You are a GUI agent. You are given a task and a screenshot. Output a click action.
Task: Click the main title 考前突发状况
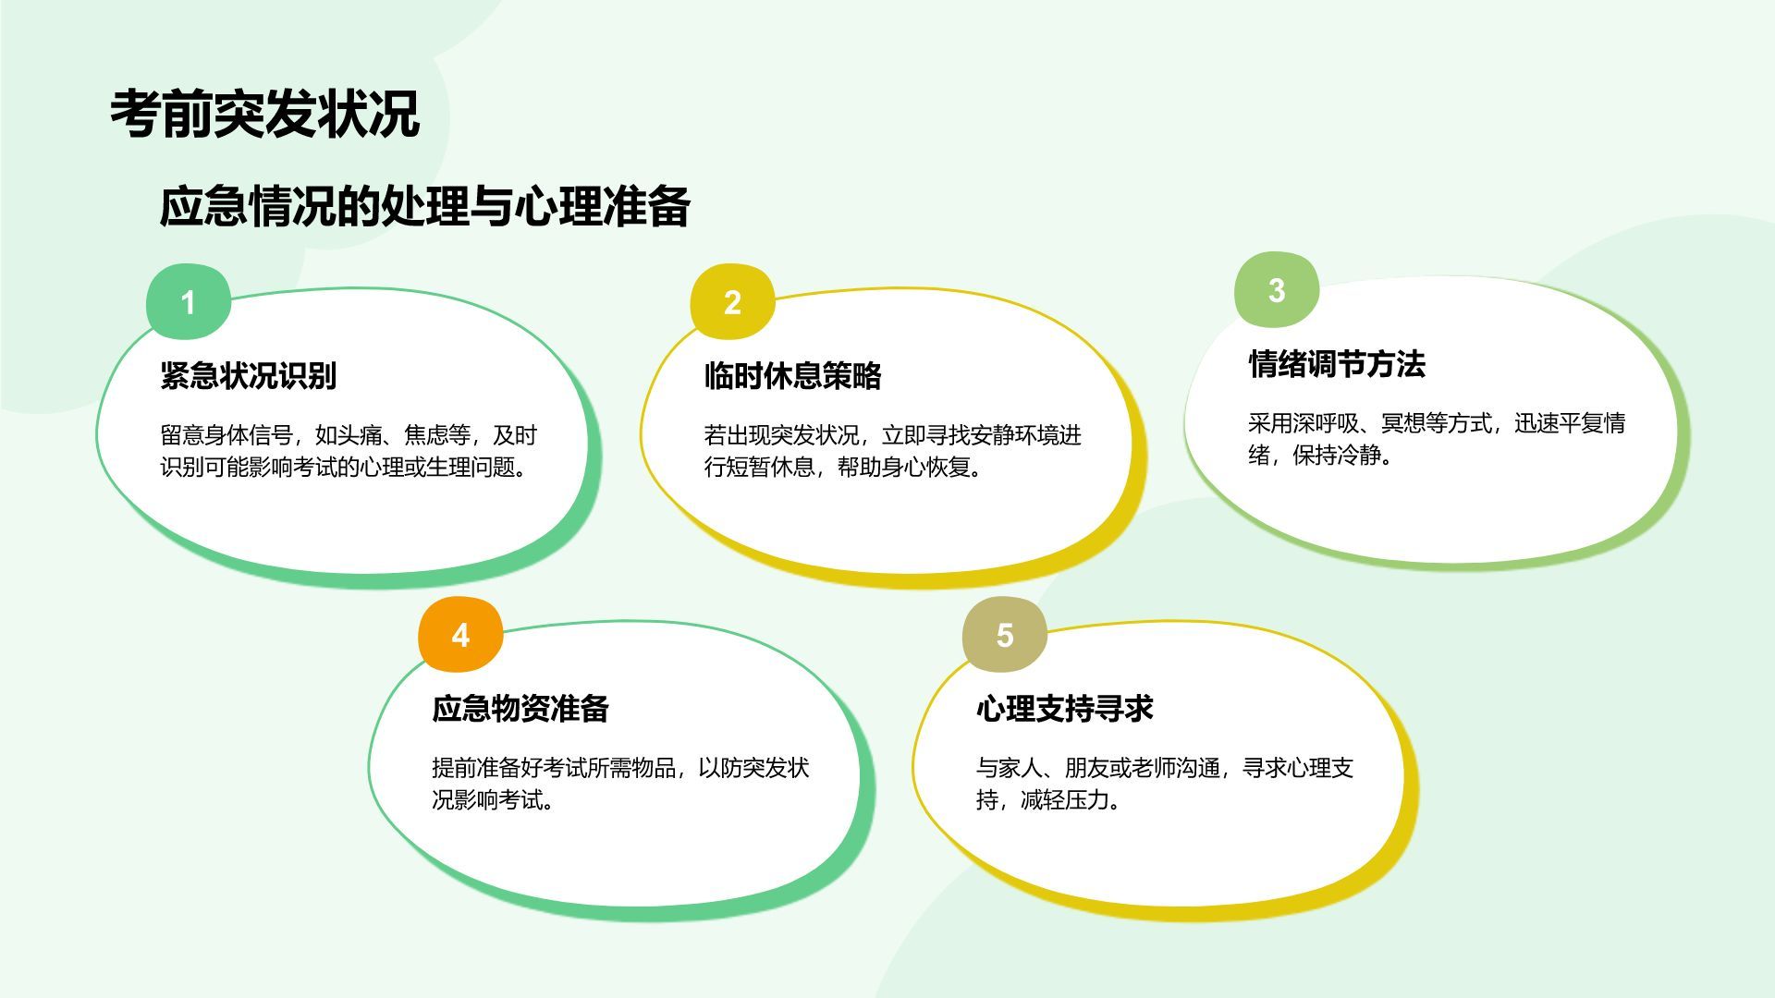click(265, 115)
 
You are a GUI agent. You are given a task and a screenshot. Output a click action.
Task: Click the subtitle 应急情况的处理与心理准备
click(425, 206)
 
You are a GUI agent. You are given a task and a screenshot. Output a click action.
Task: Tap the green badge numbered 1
click(189, 302)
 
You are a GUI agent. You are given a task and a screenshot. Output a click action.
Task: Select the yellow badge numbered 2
click(732, 302)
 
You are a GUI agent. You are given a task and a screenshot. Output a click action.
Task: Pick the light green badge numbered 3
click(1277, 290)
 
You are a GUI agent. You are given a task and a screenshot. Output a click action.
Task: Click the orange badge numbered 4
click(460, 635)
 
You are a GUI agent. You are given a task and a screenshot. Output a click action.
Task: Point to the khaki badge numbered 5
click(1005, 635)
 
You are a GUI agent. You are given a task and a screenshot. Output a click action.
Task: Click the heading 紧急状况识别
click(249, 375)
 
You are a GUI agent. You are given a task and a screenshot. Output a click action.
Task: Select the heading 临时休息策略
click(793, 375)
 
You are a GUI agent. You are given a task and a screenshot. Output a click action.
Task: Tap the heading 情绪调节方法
click(1337, 363)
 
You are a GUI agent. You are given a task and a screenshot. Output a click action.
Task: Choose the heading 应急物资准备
click(520, 708)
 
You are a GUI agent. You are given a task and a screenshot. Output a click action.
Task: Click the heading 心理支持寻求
click(1065, 708)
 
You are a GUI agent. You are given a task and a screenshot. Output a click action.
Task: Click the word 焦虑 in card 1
click(426, 435)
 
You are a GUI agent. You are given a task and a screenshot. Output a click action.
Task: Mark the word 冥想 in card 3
click(1403, 423)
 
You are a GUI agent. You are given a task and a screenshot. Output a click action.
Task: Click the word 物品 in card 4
click(654, 768)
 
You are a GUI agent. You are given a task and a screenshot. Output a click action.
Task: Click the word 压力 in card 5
click(1087, 799)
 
